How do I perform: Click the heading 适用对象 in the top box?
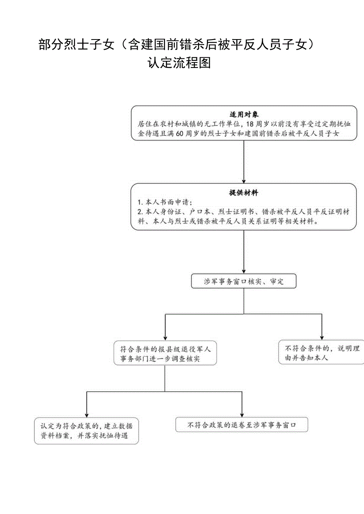[x=244, y=115]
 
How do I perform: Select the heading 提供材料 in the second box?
[x=244, y=193]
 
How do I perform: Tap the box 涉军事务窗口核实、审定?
[x=244, y=281]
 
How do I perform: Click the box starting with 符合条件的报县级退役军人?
[x=165, y=354]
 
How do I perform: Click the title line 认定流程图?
[x=179, y=63]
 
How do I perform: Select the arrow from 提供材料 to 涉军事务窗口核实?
[x=244, y=250]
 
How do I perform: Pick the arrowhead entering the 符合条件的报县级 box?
[x=165, y=336]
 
